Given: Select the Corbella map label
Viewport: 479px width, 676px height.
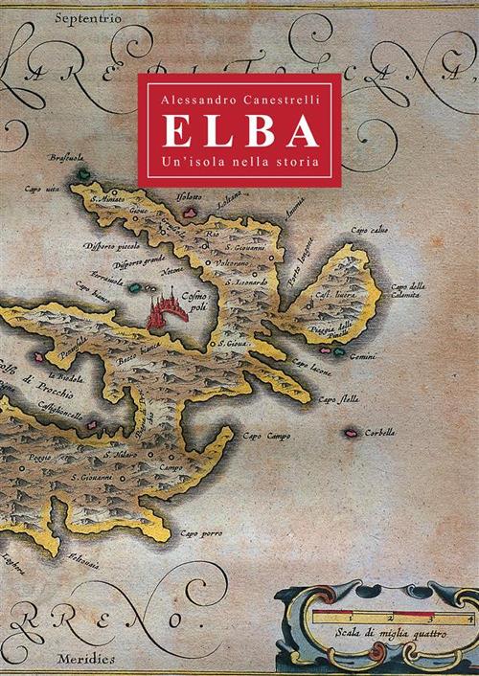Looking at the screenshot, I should click(380, 433).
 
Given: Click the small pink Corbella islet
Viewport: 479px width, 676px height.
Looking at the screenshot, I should click(352, 431).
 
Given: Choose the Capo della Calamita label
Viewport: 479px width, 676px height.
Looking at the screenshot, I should click(409, 290).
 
